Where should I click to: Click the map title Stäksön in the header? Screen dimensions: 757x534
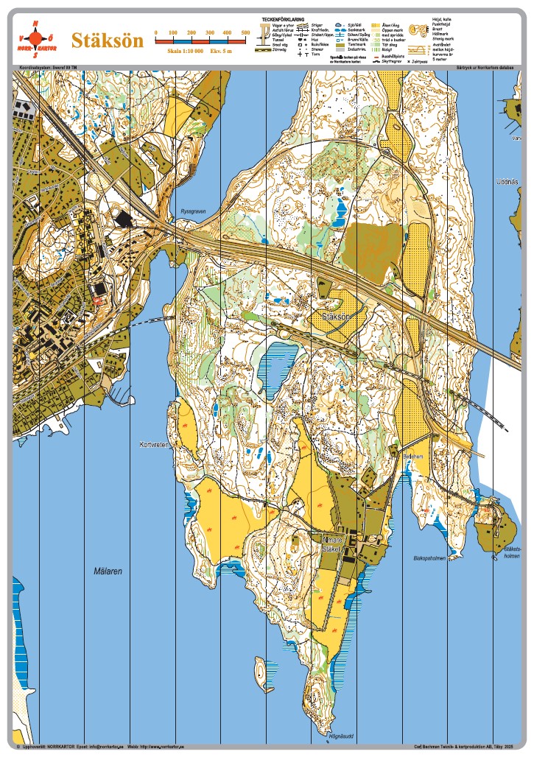[105, 41]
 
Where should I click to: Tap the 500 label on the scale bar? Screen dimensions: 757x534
[246, 33]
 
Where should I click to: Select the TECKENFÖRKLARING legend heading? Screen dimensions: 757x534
[284, 19]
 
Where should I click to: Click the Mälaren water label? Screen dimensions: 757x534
[108, 571]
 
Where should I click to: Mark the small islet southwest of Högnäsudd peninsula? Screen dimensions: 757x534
[259, 669]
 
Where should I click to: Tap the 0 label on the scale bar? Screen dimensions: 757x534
[155, 33]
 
